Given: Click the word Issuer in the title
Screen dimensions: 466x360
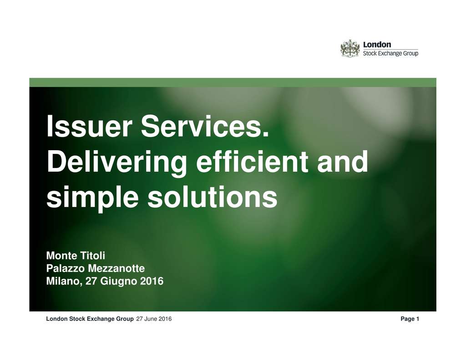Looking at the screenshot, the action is tap(89, 127).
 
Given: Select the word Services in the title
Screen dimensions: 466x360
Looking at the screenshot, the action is tap(202, 127).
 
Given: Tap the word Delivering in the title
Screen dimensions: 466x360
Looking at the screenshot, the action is tap(117, 162).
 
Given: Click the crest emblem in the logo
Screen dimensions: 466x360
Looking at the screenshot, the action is tap(350, 48).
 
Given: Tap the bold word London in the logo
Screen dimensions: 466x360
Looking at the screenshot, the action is tap(377, 45).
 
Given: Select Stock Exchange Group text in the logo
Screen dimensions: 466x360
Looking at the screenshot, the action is tap(390, 53).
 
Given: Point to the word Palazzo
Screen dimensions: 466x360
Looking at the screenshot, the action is tap(66, 269).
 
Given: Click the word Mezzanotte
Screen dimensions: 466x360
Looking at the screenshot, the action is tap(116, 269).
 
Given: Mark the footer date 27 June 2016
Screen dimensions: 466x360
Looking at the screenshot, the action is tap(154, 319).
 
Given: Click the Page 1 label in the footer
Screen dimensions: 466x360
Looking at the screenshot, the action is tap(410, 319).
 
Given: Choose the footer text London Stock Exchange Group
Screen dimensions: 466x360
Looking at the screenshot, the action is tap(90, 319).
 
